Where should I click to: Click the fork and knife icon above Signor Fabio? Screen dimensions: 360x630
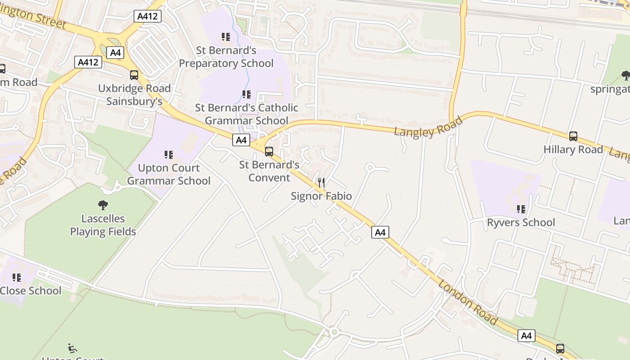(321, 182)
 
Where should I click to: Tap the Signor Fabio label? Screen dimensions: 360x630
(321, 196)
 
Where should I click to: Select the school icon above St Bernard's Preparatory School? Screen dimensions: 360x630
(225, 37)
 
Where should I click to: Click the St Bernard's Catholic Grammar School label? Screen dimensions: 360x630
(246, 114)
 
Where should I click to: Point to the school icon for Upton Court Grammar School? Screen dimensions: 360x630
(169, 155)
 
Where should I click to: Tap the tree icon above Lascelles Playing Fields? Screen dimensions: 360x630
(103, 205)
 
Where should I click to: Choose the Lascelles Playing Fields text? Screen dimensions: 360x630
(103, 225)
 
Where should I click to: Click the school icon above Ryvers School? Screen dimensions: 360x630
(521, 209)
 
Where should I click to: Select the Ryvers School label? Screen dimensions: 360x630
(521, 223)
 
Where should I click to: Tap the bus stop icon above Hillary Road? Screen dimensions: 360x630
(573, 136)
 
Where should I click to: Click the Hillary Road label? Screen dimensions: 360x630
(573, 150)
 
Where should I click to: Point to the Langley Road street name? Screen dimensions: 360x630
(428, 126)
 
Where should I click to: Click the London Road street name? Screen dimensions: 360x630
(468, 302)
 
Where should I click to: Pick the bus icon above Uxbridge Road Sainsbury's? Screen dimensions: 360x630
(134, 75)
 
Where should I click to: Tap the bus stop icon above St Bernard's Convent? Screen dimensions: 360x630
(269, 152)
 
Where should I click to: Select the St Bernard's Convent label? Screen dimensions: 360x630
(269, 171)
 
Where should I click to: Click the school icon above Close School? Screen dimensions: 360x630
(16, 278)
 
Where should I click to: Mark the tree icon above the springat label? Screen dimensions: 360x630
(625, 75)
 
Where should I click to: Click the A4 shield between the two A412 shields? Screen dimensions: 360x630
(116, 53)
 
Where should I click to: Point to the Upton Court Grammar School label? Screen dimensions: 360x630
(169, 175)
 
